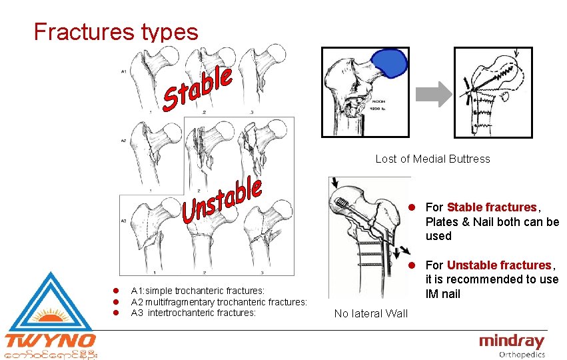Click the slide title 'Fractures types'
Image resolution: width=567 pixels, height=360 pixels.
pyautogui.click(x=116, y=31)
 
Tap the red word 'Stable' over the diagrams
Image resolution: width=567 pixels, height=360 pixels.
pyautogui.click(x=198, y=89)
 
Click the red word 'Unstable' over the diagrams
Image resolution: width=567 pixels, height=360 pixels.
pyautogui.click(x=221, y=200)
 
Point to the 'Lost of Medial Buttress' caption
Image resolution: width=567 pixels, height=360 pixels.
pyautogui.click(x=432, y=159)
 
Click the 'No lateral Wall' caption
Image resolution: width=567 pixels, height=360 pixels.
pyautogui.click(x=370, y=313)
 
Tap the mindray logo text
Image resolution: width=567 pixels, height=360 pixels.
pyautogui.click(x=511, y=341)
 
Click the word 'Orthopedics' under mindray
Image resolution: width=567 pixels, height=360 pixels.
pyautogui.click(x=522, y=355)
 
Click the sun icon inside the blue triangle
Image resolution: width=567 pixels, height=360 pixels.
pyautogui.click(x=50, y=315)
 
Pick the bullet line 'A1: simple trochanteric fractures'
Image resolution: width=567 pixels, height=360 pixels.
pyautogui.click(x=198, y=291)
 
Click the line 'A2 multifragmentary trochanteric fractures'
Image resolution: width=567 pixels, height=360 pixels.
pyautogui.click(x=219, y=302)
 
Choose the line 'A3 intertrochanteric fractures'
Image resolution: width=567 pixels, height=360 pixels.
pyautogui.click(x=193, y=313)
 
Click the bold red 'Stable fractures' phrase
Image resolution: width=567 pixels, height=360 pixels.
pyautogui.click(x=491, y=207)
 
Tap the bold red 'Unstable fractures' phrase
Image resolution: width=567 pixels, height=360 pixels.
pyautogui.click(x=499, y=265)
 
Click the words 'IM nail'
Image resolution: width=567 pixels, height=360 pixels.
pyautogui.click(x=443, y=294)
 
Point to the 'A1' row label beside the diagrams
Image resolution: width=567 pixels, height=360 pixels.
pyautogui.click(x=124, y=72)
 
